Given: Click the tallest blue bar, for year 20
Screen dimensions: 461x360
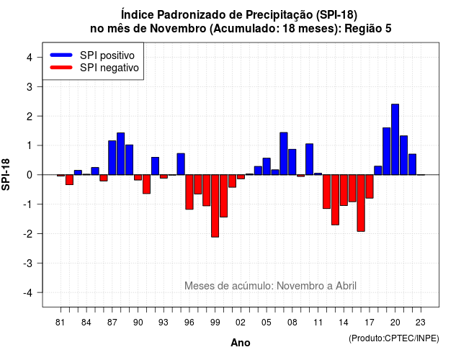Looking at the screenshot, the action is click(x=395, y=139).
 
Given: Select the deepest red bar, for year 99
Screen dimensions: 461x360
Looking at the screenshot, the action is click(x=215, y=206).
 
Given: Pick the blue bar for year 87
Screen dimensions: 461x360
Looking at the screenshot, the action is click(x=112, y=158).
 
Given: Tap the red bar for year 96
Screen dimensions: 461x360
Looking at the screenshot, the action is click(x=189, y=192).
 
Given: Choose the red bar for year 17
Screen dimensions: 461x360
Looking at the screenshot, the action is click(x=370, y=186).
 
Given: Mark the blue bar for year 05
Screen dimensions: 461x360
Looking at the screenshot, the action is click(x=267, y=166).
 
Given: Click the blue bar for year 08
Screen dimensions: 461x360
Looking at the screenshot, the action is click(x=292, y=162).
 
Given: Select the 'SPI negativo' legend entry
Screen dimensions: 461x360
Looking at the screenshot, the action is click(x=94, y=68).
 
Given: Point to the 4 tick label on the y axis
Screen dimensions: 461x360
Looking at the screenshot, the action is click(x=30, y=58).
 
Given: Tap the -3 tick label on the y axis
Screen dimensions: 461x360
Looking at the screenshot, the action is click(x=27, y=263).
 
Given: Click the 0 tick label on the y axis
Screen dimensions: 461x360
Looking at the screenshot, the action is click(x=30, y=175).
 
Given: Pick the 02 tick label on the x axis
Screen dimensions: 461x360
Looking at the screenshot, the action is click(x=241, y=323).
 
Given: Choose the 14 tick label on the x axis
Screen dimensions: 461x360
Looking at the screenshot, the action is click(x=344, y=323).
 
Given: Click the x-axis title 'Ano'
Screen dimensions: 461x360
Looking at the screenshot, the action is click(x=241, y=343).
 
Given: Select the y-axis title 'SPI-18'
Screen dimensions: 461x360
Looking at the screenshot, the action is click(x=6, y=174).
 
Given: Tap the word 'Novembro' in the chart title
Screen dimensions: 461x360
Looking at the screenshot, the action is click(x=178, y=29).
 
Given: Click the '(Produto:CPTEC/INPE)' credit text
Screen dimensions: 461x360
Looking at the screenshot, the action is click(x=394, y=338).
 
